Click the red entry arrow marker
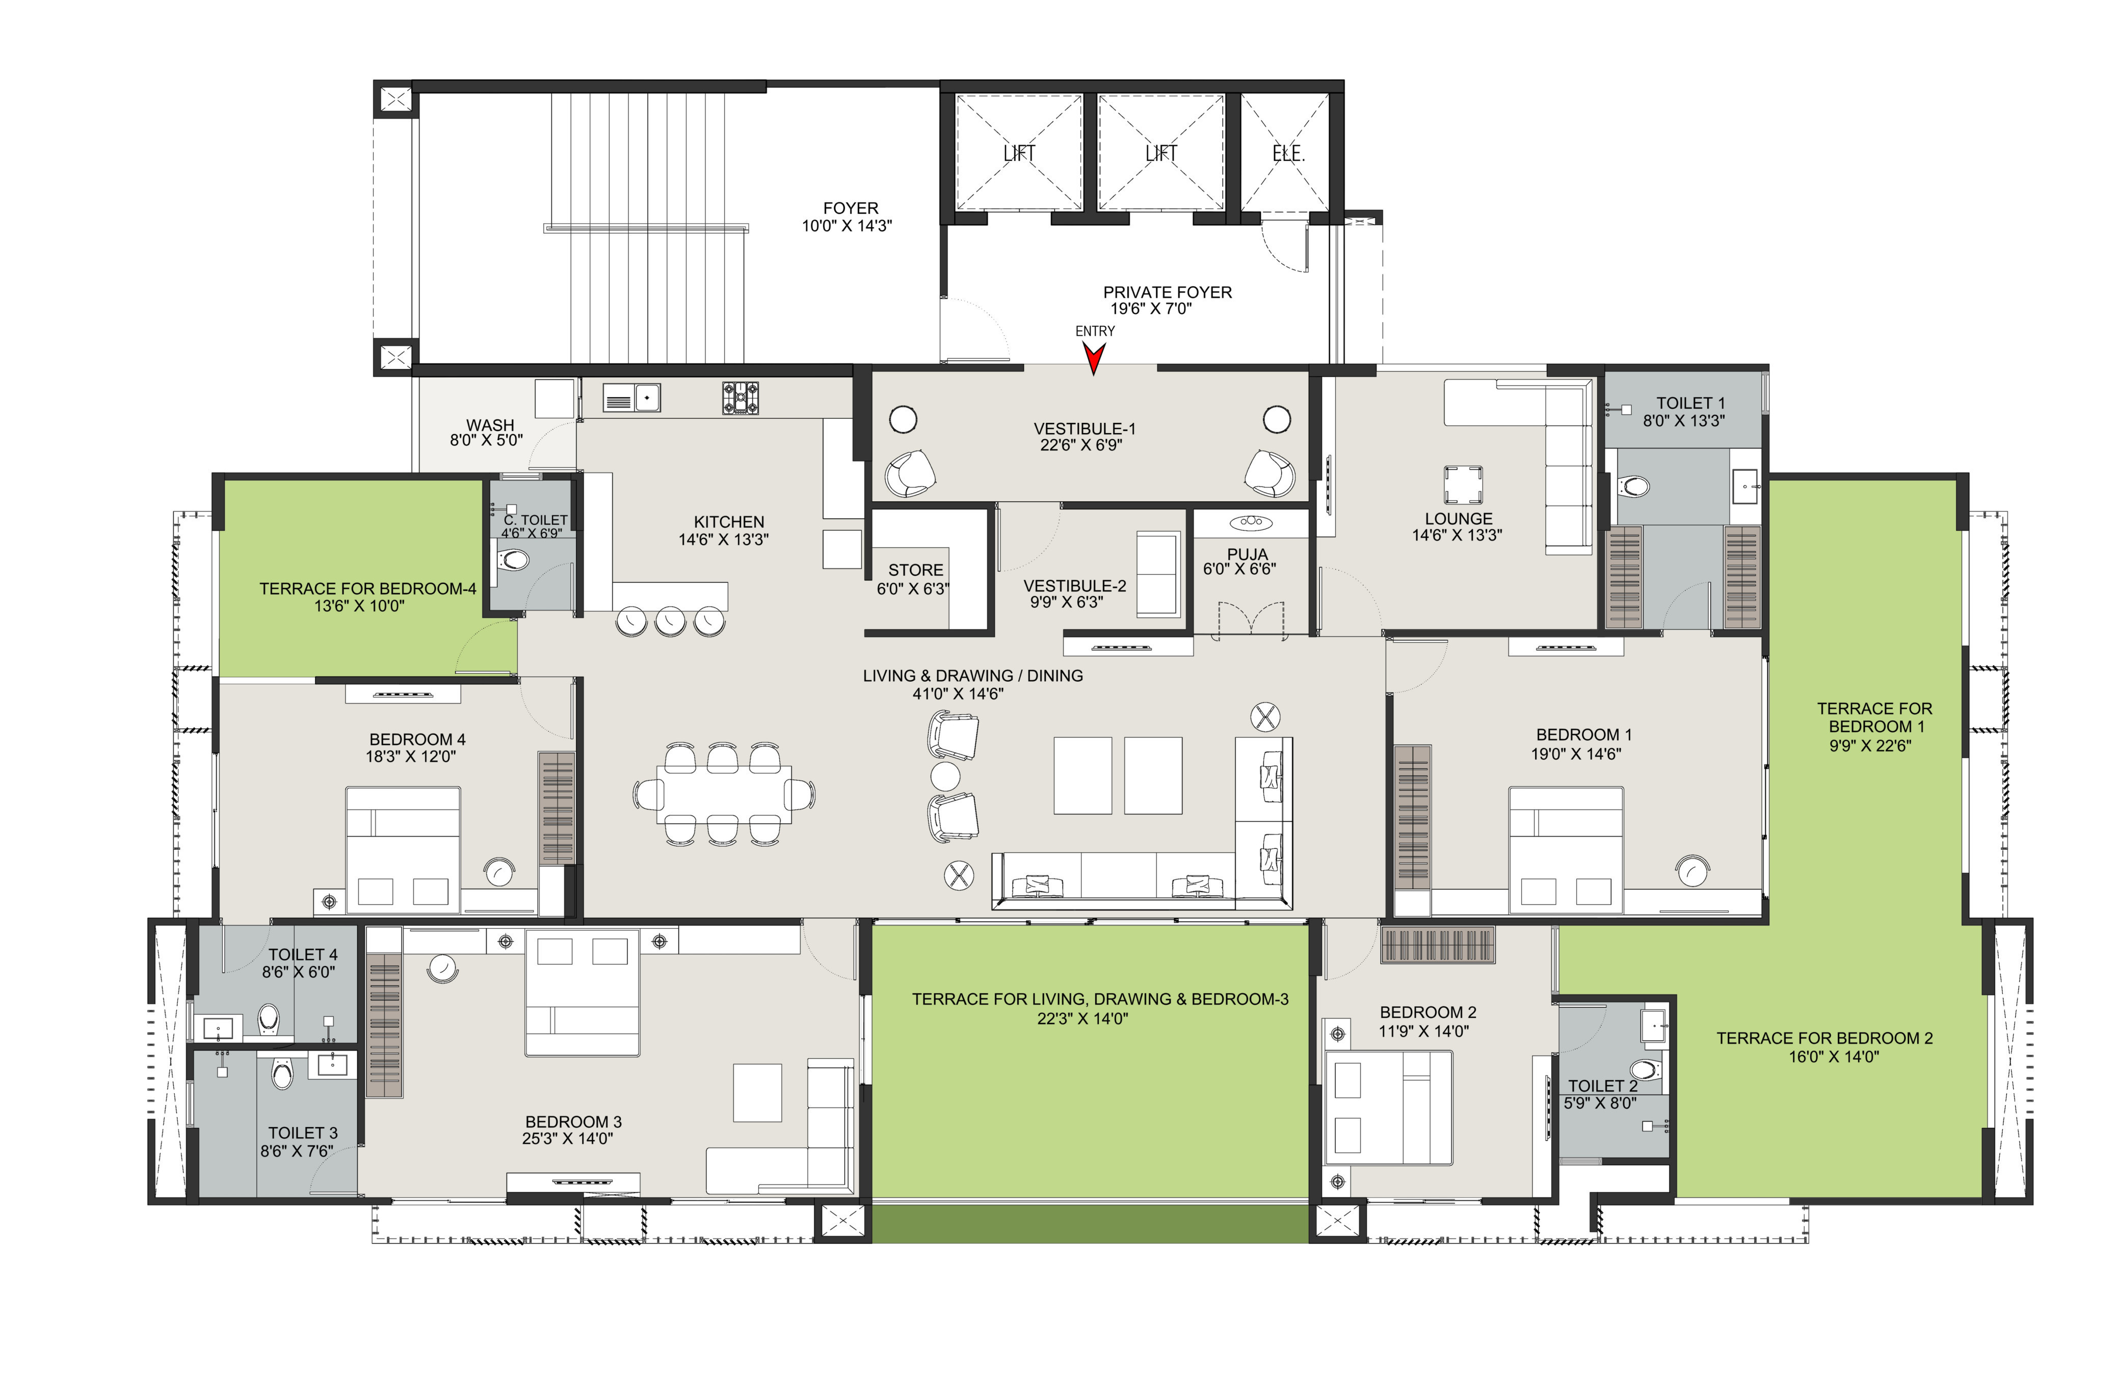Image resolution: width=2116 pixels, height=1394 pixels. (x=1095, y=358)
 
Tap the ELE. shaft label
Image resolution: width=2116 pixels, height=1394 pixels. (x=1288, y=154)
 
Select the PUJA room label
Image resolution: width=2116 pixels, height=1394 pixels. (x=1248, y=554)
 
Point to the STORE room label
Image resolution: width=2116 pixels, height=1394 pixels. (x=916, y=570)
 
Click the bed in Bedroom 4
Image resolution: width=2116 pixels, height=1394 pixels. (x=403, y=850)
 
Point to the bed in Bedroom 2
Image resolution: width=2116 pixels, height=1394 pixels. (x=1389, y=1108)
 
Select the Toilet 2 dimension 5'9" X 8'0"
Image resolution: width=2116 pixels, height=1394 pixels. (x=1600, y=1103)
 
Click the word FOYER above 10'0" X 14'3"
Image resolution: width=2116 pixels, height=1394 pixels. (x=851, y=208)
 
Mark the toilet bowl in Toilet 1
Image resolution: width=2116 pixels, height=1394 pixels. (x=1634, y=486)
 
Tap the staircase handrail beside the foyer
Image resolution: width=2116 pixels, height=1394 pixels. (x=646, y=228)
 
